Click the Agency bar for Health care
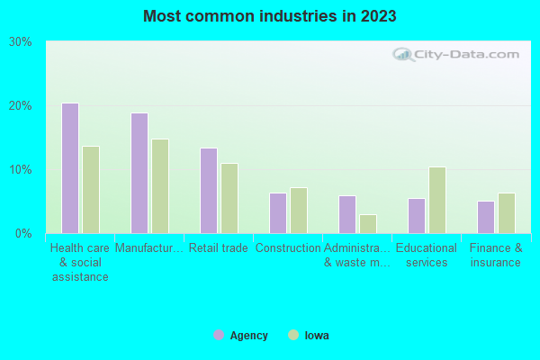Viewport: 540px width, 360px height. (70, 168)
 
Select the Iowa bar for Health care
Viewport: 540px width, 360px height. (91, 190)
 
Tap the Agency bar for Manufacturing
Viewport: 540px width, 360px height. (139, 173)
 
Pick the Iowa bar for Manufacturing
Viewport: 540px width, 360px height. (160, 186)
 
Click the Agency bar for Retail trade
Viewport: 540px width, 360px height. (209, 191)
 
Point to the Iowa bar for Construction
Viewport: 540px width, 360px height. (299, 211)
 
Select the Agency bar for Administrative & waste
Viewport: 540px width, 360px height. (347, 214)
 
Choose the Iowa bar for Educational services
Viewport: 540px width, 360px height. (437, 200)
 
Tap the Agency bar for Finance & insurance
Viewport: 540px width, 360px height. (486, 217)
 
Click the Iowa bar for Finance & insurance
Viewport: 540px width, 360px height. (507, 213)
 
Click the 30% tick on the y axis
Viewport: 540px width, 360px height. (20, 42)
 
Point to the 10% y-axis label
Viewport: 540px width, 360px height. (20, 170)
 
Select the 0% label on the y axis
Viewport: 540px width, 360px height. (23, 234)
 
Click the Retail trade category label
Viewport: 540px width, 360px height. (218, 248)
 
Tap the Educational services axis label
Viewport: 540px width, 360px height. (427, 256)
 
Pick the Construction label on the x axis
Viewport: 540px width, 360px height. (288, 248)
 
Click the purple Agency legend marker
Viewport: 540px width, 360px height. (219, 335)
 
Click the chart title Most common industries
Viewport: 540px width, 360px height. (270, 16)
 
